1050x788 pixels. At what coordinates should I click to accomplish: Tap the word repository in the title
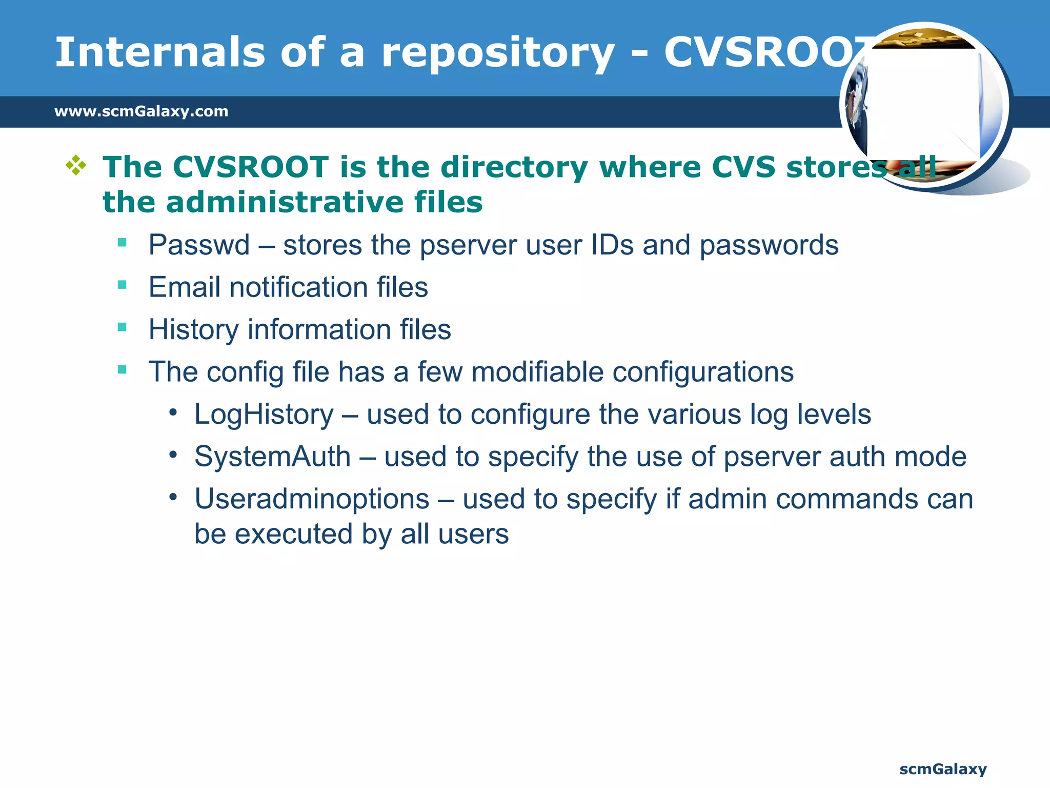pyautogui.click(x=497, y=53)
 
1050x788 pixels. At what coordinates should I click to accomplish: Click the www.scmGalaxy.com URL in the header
pyautogui.click(x=142, y=111)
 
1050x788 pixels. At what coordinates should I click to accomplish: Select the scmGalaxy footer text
pyautogui.click(x=943, y=769)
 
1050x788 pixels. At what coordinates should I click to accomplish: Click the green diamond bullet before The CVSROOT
pyautogui.click(x=76, y=165)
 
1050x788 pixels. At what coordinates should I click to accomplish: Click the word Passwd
pyautogui.click(x=199, y=245)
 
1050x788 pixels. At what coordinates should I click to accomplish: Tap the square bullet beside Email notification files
pyautogui.click(x=122, y=285)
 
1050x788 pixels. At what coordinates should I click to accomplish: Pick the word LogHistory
pyautogui.click(x=264, y=415)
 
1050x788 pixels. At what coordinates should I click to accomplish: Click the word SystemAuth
pyautogui.click(x=272, y=457)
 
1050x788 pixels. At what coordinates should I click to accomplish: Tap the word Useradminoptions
pyautogui.click(x=312, y=499)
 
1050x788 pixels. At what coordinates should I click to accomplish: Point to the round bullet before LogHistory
pyautogui.click(x=173, y=412)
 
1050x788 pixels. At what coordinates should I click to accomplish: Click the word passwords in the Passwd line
pyautogui.click(x=769, y=245)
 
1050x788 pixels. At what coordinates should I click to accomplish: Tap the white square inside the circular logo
pyautogui.click(x=923, y=103)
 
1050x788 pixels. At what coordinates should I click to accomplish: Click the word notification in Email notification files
pyautogui.click(x=298, y=287)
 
